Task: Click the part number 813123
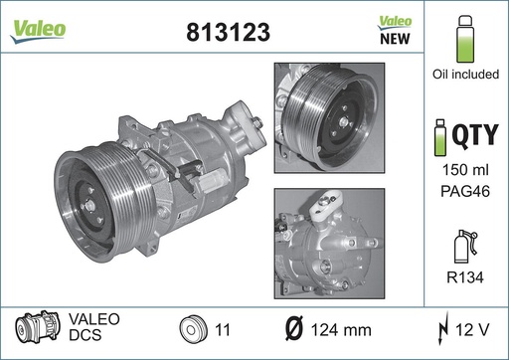228,32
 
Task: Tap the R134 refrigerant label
465,277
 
